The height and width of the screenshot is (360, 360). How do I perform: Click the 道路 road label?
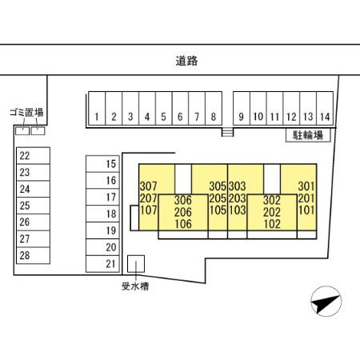pyautogui.click(x=186, y=61)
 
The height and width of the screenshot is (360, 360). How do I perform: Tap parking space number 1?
pyautogui.click(x=97, y=108)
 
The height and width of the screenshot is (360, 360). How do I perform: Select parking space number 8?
pyautogui.click(x=214, y=108)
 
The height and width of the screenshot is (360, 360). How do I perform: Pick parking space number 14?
pyautogui.click(x=325, y=108)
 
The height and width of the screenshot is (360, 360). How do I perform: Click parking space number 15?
pyautogui.click(x=102, y=164)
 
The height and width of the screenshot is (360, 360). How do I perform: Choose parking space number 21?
pyautogui.click(x=102, y=264)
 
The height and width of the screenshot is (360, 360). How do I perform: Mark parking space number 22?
pyautogui.click(x=33, y=155)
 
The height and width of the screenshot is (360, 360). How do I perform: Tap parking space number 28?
pyautogui.click(x=33, y=255)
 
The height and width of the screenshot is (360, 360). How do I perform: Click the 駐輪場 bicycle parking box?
pyautogui.click(x=308, y=135)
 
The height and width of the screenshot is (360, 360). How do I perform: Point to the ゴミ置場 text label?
pyautogui.click(x=26, y=113)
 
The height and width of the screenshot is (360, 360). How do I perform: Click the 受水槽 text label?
pyautogui.click(x=135, y=286)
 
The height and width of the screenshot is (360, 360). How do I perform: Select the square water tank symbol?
pyautogui.click(x=136, y=264)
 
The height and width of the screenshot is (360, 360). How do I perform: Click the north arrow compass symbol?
pyautogui.click(x=326, y=302)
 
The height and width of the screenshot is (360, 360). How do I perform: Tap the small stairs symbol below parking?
pyautogui.click(x=227, y=132)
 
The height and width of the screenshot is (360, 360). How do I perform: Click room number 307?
pyautogui.click(x=148, y=186)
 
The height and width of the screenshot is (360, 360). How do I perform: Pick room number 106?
pyautogui.click(x=183, y=224)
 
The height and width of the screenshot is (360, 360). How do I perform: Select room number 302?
pyautogui.click(x=272, y=200)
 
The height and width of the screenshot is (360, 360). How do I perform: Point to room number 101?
pyautogui.click(x=306, y=210)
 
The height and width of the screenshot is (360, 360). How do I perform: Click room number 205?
pyautogui.click(x=218, y=198)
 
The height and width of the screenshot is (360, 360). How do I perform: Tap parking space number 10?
pyautogui.click(x=258, y=108)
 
